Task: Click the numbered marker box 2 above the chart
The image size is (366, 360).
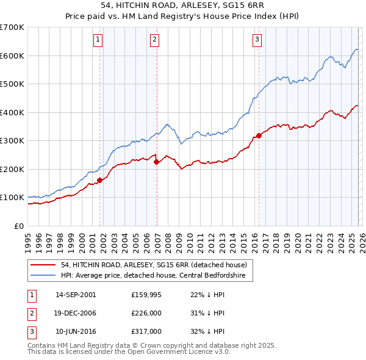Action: coord(155,40)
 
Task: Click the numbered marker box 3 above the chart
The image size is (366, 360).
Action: coord(257,40)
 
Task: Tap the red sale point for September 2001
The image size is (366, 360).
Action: coord(99,180)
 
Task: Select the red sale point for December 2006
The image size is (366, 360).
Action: coord(156,162)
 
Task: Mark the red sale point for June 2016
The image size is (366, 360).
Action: coord(259,135)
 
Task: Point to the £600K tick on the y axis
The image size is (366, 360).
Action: coord(12,56)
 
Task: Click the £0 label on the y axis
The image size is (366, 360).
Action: coord(19,226)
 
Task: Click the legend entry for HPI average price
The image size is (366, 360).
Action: coord(152,276)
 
